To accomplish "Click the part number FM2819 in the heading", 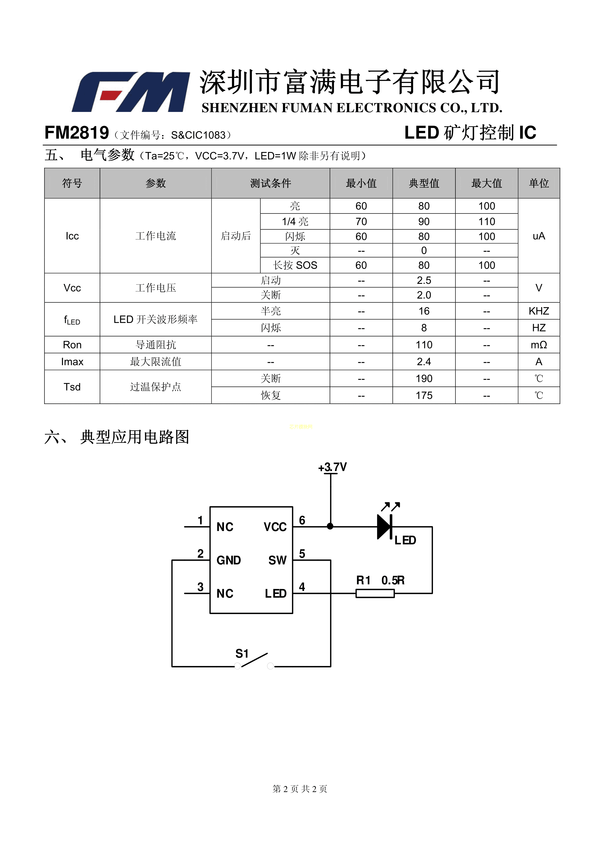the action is pyautogui.click(x=77, y=133).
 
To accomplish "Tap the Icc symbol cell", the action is pyautogui.click(x=72, y=236).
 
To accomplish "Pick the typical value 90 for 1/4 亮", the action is pyautogui.click(x=424, y=221).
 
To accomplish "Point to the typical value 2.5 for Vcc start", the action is pyautogui.click(x=424, y=280).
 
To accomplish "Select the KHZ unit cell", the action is pyautogui.click(x=539, y=311).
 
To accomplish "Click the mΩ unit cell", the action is pyautogui.click(x=539, y=345).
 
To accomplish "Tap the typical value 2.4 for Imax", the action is pyautogui.click(x=424, y=362).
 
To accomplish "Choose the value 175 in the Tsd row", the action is pyautogui.click(x=424, y=395).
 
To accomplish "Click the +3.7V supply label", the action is pyautogui.click(x=332, y=467).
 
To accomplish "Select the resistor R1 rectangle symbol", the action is pyautogui.click(x=375, y=593).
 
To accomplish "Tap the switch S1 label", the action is pyautogui.click(x=242, y=653).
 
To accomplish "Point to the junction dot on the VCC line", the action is pyautogui.click(x=330, y=526).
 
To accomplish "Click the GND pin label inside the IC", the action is pyautogui.click(x=229, y=560).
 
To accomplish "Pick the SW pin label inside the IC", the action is pyautogui.click(x=277, y=560).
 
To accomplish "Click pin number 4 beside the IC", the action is pyautogui.click(x=302, y=587).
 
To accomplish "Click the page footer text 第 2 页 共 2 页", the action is pyautogui.click(x=300, y=789).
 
